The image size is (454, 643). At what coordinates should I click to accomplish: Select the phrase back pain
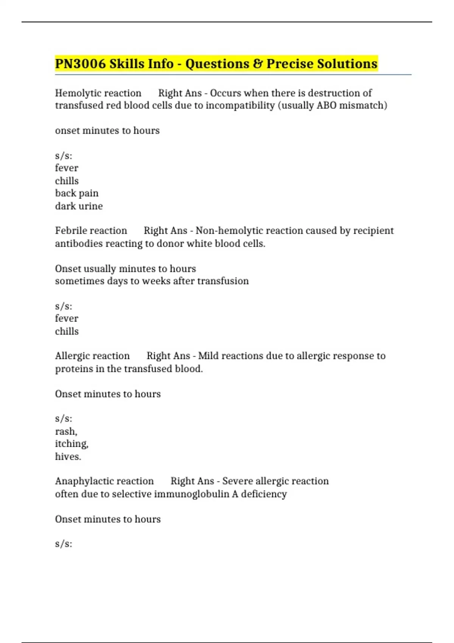[x=77, y=193]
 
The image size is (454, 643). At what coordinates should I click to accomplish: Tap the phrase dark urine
[x=79, y=206]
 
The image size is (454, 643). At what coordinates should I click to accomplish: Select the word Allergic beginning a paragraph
[x=72, y=356]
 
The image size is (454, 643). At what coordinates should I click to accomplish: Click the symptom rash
[x=66, y=432]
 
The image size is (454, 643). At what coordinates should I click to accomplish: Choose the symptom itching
[x=72, y=444]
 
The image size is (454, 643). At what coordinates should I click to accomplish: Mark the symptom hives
[x=68, y=457]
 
